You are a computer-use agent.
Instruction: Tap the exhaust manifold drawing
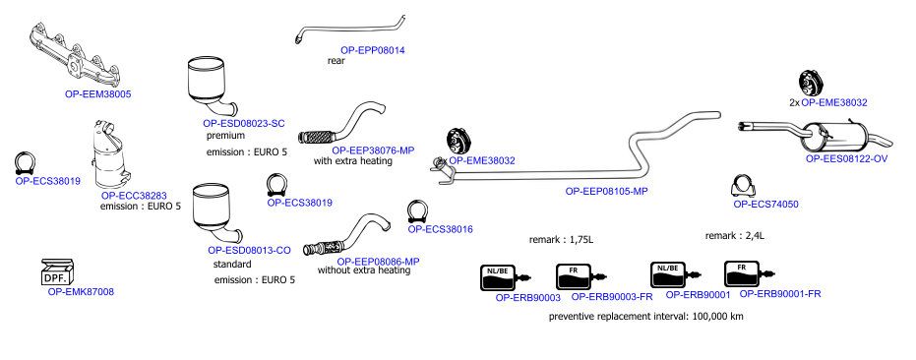(76, 54)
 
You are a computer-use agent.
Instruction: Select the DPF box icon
(57, 271)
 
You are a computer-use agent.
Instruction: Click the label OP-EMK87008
(81, 291)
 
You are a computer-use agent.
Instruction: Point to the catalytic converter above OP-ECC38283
(111, 154)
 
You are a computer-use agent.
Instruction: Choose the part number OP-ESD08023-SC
(244, 123)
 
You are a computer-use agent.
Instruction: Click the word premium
(225, 136)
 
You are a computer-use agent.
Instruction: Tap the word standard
(232, 265)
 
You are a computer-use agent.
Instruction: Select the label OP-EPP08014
(373, 50)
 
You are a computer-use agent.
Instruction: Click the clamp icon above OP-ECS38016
(418, 211)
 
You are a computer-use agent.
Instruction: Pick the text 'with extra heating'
(353, 160)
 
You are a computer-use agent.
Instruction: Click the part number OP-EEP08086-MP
(378, 262)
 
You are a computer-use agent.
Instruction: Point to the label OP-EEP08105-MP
(607, 191)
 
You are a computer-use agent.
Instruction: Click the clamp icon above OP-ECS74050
(743, 186)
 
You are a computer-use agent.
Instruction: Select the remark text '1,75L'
(581, 240)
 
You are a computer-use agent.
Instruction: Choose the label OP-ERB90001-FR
(780, 294)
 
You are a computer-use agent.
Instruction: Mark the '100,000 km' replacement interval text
(717, 317)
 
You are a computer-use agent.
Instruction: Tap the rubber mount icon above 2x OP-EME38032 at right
(811, 83)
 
